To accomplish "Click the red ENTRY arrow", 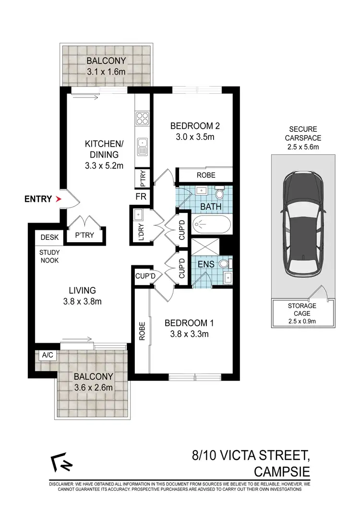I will tap(59, 199).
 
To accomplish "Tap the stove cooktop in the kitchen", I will tap(143, 118).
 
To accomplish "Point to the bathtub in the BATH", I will tap(211, 225).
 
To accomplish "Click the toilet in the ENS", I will tap(225, 263).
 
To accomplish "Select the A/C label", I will tap(48, 355).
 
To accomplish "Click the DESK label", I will tap(49, 237).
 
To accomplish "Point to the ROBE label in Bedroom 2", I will tap(205, 175).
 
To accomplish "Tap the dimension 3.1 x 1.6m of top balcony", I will tap(106, 71).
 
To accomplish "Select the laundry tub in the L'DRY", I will tap(138, 215).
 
